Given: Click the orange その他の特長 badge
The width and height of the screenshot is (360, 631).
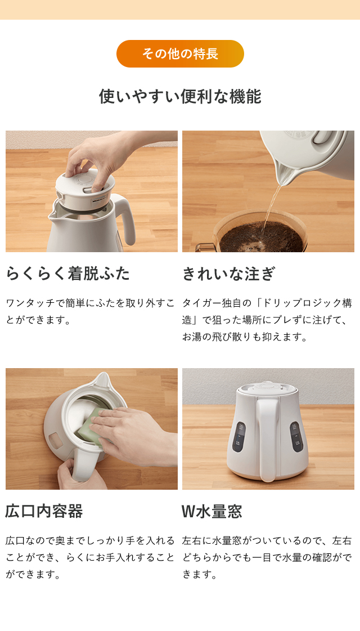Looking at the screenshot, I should [x=180, y=54].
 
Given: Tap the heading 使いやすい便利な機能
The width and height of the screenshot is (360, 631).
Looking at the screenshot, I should [x=180, y=96].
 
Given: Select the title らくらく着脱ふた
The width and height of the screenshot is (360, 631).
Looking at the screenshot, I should [x=67, y=274].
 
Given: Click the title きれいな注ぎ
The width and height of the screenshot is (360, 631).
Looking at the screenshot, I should [x=228, y=274].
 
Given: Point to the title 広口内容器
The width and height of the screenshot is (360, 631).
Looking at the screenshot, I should [x=44, y=511].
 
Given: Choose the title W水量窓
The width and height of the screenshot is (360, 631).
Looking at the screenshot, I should [x=211, y=511].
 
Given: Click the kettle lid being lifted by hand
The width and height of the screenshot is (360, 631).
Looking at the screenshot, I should [x=84, y=186].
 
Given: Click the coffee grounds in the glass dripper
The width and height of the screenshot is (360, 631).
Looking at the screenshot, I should [x=259, y=236].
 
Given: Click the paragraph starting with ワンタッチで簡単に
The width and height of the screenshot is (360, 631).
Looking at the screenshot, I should [x=90, y=311].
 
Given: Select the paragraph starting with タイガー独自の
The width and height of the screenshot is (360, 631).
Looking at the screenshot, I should [x=267, y=320].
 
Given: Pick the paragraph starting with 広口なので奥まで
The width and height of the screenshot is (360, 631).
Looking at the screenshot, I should [x=90, y=557].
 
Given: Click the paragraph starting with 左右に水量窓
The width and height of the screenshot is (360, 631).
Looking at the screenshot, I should [x=267, y=557].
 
